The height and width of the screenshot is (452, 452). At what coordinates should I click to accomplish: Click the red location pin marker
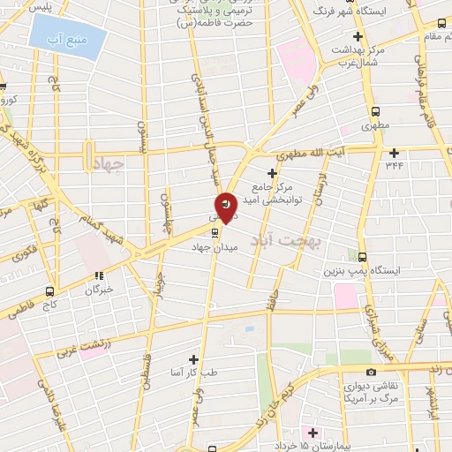point(227,206)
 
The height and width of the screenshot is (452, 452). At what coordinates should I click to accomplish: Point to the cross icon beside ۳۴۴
point(394,152)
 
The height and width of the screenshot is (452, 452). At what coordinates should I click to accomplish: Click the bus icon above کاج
point(48,290)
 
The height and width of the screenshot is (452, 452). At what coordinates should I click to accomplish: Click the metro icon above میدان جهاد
point(215,232)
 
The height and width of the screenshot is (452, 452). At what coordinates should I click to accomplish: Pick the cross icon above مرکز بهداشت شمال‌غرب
point(358,36)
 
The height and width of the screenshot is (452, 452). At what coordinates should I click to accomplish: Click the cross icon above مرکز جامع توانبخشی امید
point(271,172)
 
